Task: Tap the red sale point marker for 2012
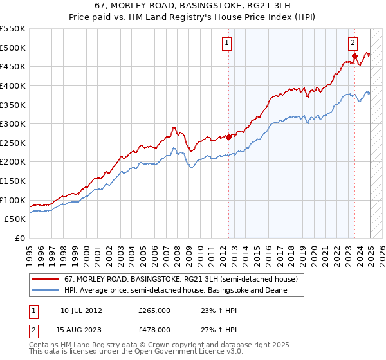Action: [228, 136]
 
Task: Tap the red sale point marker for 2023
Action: [354, 56]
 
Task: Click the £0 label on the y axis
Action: [19, 238]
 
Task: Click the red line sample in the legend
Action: [45, 280]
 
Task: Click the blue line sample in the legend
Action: [45, 291]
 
